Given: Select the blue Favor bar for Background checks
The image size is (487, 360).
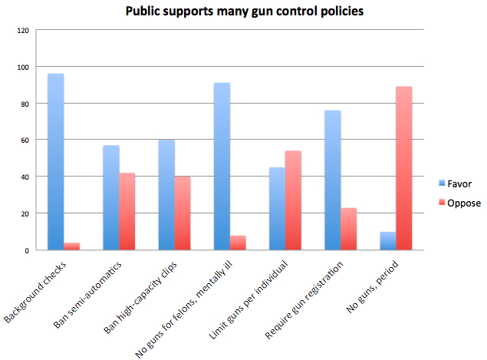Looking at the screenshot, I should (55, 161).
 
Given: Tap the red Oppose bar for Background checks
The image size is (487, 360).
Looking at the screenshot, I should (71, 246).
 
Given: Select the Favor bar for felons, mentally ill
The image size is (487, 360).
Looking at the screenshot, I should (222, 166).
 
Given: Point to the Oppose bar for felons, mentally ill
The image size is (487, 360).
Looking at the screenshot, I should (238, 243).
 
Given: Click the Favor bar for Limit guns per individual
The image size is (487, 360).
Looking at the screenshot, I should (277, 208).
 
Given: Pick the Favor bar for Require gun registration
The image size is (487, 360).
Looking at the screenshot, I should (333, 180).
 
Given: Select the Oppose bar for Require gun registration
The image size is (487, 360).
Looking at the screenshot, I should (349, 229).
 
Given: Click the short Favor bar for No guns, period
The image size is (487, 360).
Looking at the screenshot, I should (388, 240).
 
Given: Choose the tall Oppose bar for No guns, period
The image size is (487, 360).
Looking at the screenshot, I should (404, 168).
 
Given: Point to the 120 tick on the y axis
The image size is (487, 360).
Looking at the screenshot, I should (22, 31).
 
